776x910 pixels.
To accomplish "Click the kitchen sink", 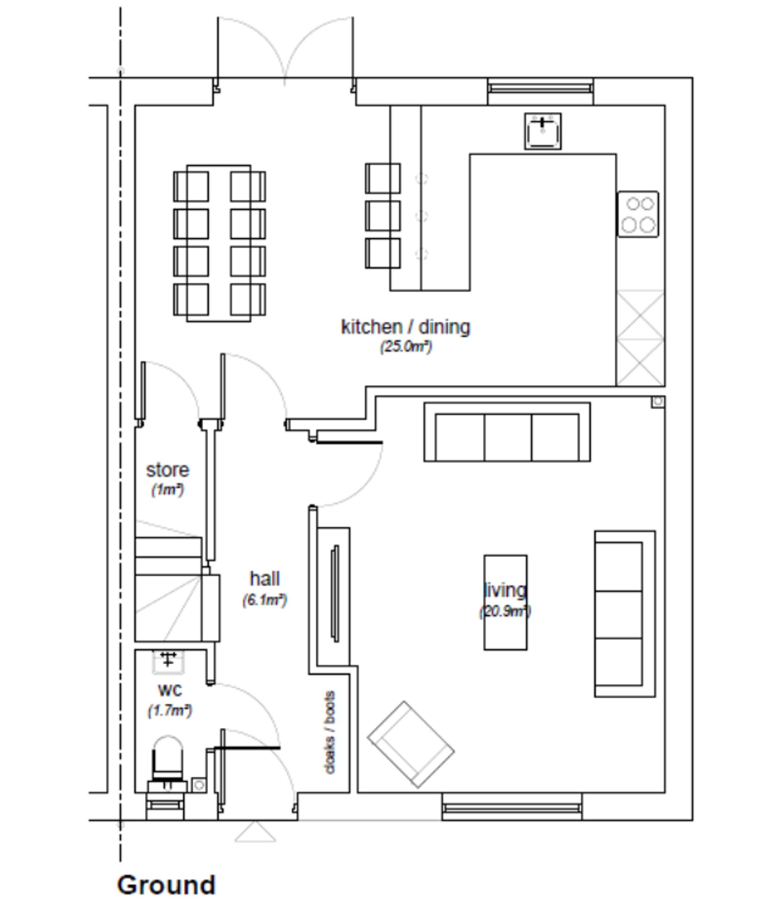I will click(x=542, y=131).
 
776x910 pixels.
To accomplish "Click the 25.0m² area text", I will click(x=405, y=346).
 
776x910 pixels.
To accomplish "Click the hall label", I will click(x=265, y=578).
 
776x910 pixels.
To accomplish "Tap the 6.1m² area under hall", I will click(x=265, y=600).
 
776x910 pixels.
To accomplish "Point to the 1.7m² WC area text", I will click(x=170, y=710).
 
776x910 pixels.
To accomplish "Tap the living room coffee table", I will click(x=505, y=602).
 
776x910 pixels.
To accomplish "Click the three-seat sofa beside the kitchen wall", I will click(x=507, y=432).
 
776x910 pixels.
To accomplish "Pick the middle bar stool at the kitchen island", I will click(x=382, y=216).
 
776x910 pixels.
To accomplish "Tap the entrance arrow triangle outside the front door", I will click(x=255, y=832).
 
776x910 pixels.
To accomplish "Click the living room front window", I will click(x=511, y=807).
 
